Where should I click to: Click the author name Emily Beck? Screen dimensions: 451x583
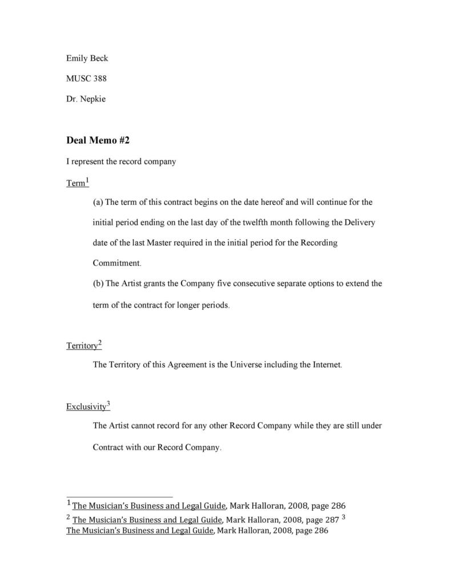[x=87, y=58]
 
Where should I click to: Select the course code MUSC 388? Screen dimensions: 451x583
[x=86, y=79]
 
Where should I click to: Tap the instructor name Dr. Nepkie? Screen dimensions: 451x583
[x=86, y=99]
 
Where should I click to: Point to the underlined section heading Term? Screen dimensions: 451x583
[x=75, y=184]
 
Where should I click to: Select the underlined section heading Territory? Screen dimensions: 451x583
[x=82, y=346]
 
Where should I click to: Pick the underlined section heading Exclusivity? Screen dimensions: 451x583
[x=86, y=407]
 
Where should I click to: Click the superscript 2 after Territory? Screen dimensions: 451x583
[x=100, y=342]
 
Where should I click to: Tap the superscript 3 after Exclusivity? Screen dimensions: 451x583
[x=108, y=404]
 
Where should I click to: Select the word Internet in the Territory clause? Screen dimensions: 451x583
[x=324, y=365]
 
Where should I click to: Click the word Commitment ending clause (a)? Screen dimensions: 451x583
[x=115, y=263]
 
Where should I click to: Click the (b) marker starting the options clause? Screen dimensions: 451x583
[x=98, y=284]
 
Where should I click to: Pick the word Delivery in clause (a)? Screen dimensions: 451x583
[x=359, y=222]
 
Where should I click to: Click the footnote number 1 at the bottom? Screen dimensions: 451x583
[x=69, y=503]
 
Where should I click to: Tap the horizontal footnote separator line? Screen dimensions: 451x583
[x=119, y=496]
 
